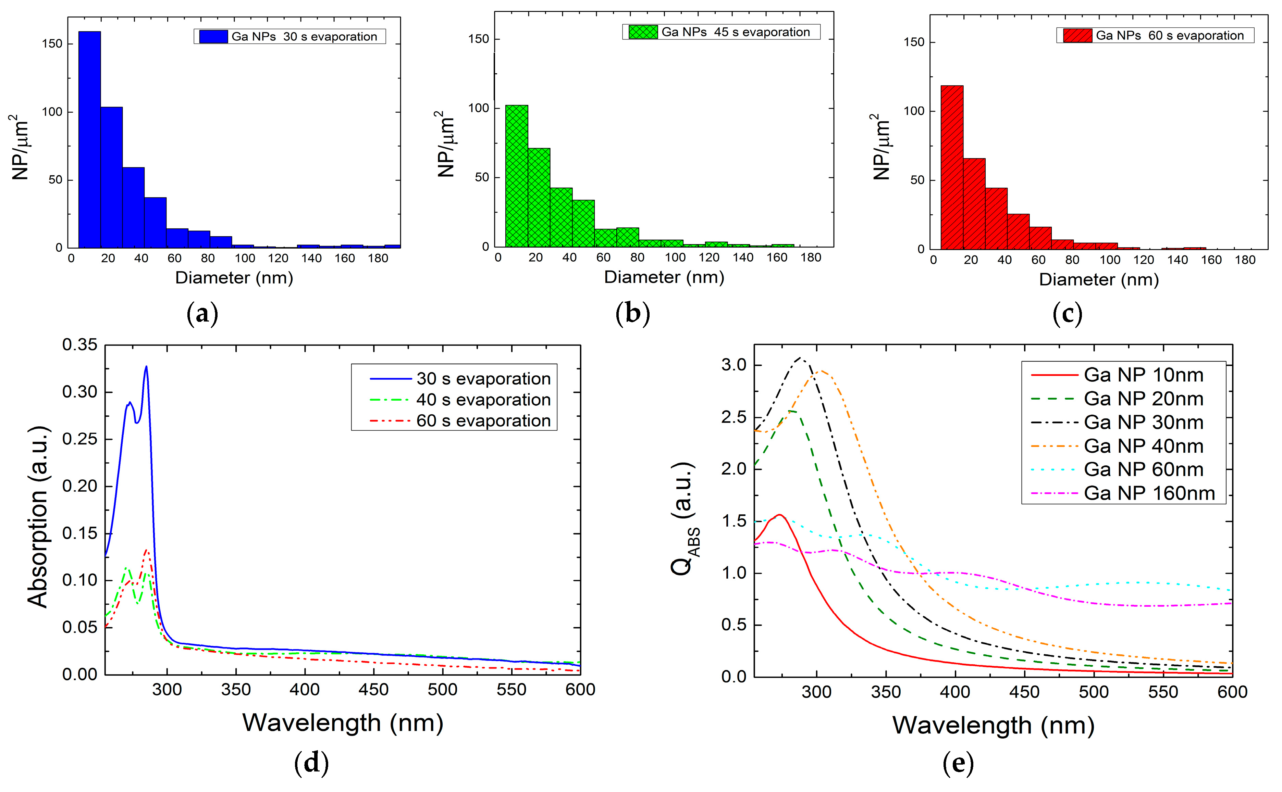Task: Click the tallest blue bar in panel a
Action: (90, 139)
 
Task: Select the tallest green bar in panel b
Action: (516, 175)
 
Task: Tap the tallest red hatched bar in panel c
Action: (951, 168)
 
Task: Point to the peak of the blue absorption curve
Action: (146, 367)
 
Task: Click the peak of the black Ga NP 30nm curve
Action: (800, 358)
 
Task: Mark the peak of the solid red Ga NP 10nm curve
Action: (780, 515)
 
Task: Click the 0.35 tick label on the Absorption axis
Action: (80, 345)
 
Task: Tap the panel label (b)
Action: (633, 313)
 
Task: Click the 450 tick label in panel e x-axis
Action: (1024, 692)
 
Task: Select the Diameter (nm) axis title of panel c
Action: (1099, 279)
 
